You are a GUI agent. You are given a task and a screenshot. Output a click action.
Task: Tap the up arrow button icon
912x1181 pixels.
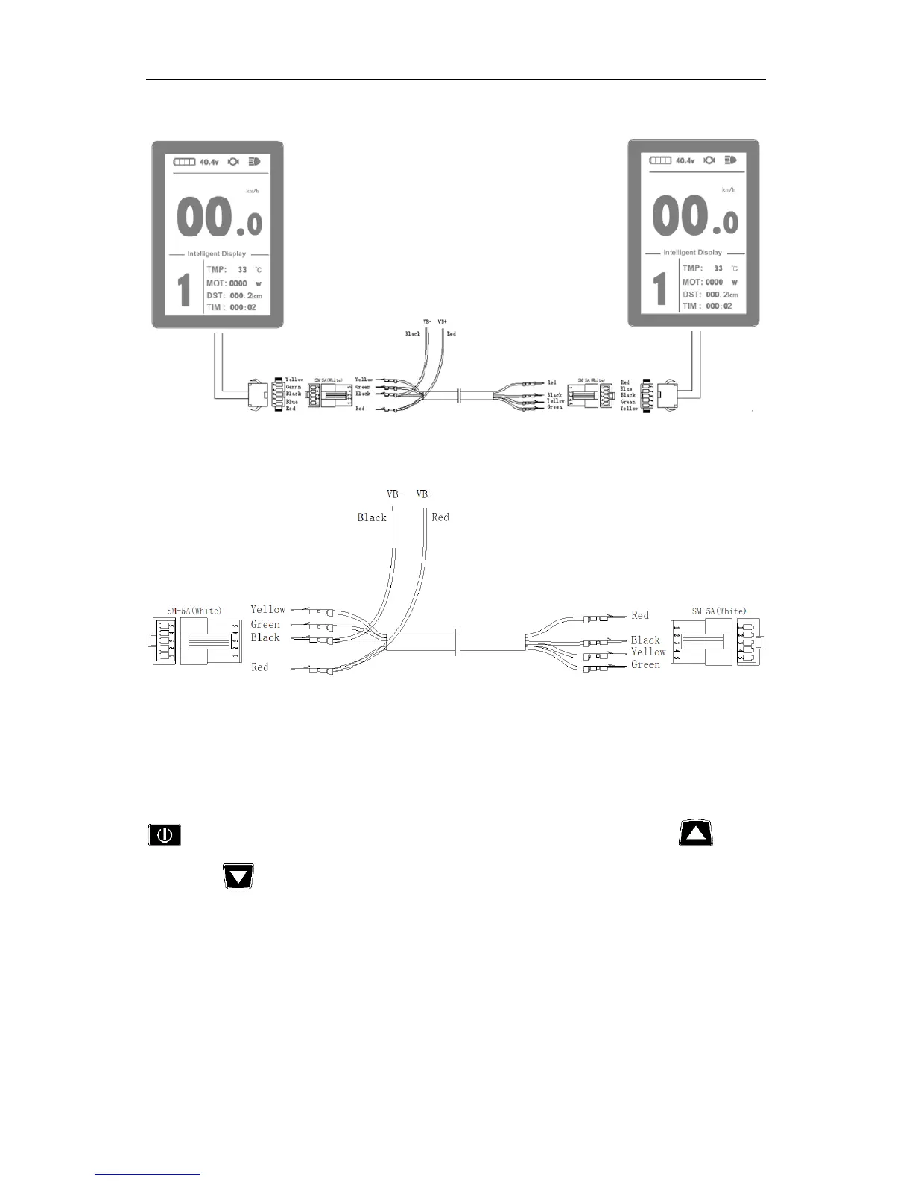(x=696, y=834)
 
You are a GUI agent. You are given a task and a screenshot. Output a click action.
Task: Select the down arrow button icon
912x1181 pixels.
(x=238, y=876)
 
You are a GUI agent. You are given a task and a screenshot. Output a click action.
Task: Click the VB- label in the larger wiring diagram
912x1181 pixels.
(x=395, y=494)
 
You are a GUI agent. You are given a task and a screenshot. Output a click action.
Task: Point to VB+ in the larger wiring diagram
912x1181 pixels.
(x=425, y=494)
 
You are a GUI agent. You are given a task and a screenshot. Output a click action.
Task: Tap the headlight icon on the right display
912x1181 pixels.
(x=730, y=160)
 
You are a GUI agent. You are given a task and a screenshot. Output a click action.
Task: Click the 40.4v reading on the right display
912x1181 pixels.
(x=683, y=160)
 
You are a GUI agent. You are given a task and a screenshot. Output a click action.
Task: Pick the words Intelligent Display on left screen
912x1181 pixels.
(x=216, y=253)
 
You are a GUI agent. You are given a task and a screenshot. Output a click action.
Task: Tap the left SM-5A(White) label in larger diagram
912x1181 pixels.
(x=194, y=611)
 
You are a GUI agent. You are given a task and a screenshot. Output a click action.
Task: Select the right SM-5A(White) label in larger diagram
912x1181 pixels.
(x=718, y=611)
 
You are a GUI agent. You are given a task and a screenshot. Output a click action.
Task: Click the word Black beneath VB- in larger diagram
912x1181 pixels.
(x=372, y=517)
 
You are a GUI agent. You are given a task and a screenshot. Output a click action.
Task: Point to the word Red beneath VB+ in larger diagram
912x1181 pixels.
(x=440, y=517)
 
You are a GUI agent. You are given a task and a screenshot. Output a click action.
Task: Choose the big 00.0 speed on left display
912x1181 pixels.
(x=219, y=219)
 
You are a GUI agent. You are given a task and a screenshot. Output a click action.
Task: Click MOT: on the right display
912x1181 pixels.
(x=692, y=282)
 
